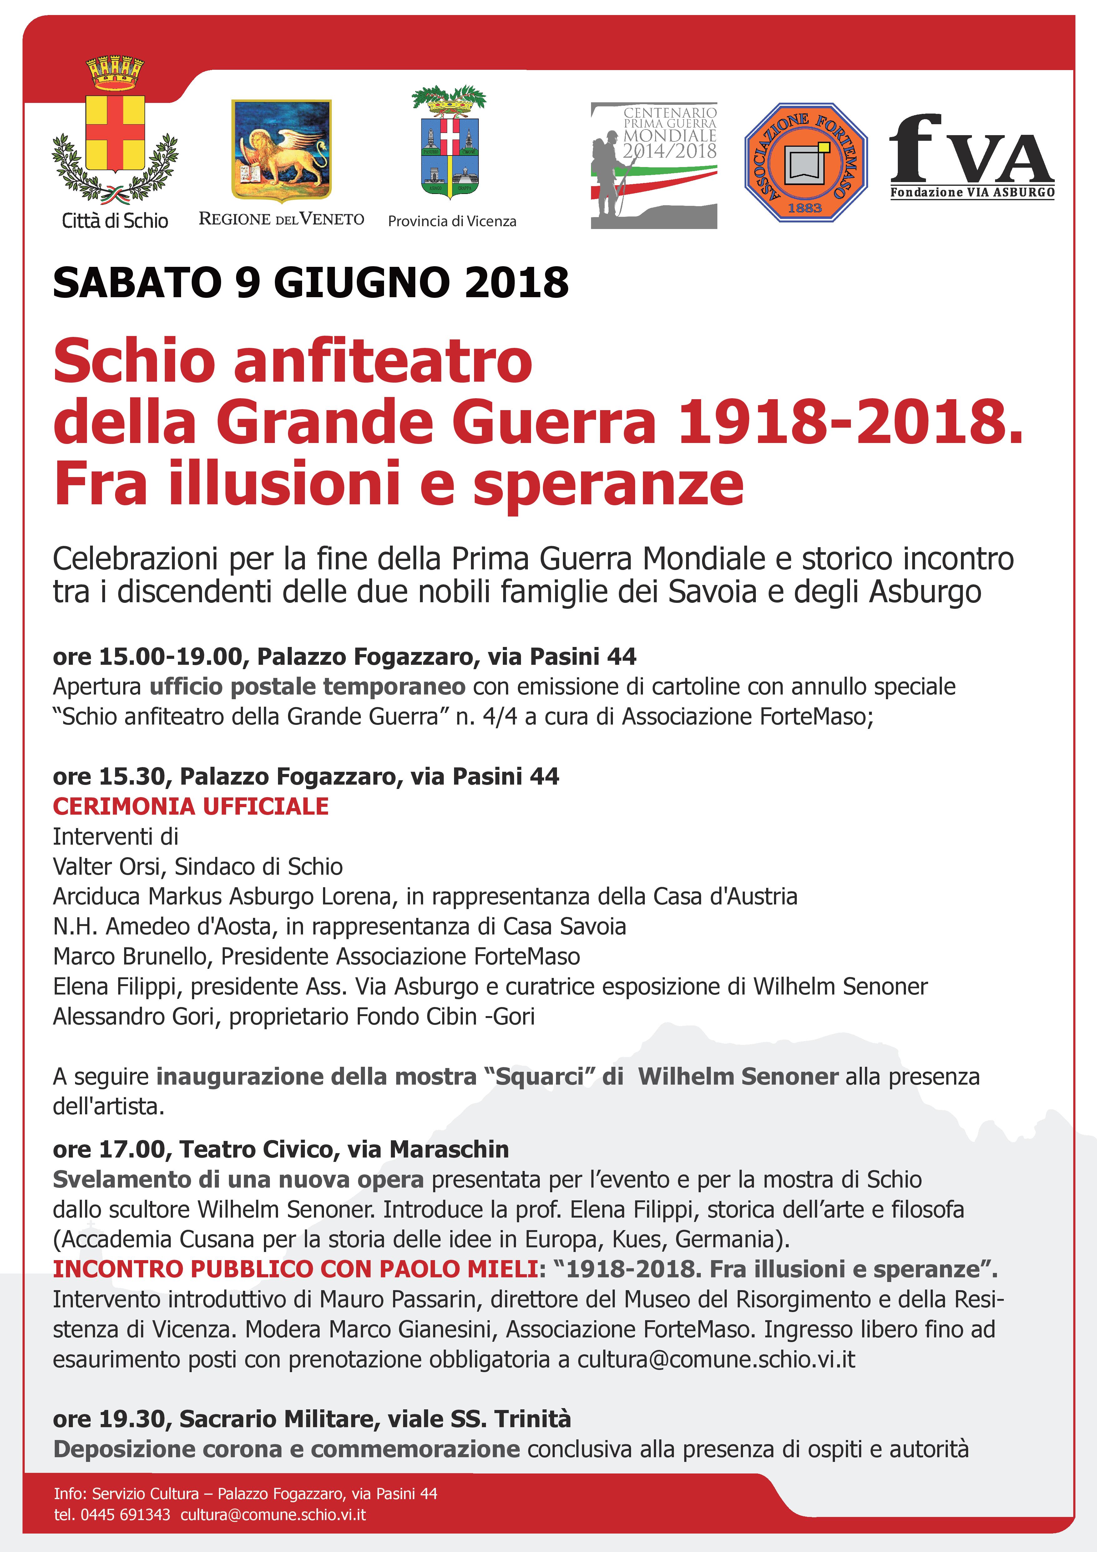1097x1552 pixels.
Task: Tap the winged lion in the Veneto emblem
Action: (284, 152)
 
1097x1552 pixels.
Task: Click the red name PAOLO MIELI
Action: (459, 1270)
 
